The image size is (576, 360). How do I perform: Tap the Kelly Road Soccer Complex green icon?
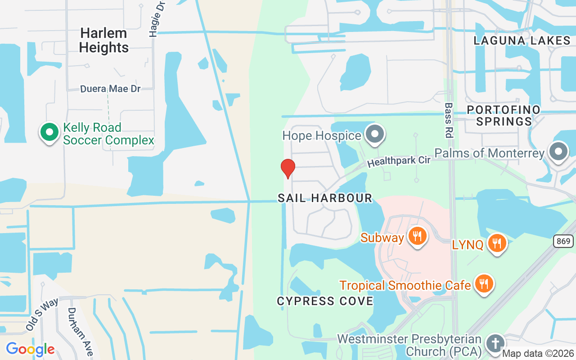49,133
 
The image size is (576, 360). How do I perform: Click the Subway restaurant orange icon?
417,236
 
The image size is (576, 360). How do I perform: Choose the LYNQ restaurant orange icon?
497,243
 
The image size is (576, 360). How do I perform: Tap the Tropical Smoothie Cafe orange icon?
484,284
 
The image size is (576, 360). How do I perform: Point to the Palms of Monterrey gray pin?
558,152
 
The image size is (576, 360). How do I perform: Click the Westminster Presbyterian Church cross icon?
495,344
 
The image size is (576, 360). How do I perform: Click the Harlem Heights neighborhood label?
104,40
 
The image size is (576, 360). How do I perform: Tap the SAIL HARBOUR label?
325,198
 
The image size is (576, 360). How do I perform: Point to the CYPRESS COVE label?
325,301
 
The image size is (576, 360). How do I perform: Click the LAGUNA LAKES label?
522,40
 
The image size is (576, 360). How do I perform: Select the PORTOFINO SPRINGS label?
504,116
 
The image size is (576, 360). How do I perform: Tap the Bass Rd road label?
448,120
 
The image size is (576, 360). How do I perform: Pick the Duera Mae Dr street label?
110,89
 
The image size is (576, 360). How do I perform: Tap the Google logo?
30,349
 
